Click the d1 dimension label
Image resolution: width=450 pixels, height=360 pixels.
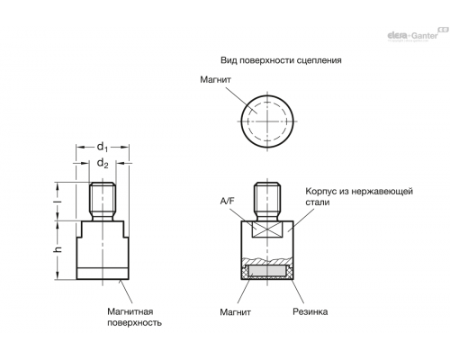click(103, 147)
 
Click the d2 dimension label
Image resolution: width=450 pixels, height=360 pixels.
click(103, 164)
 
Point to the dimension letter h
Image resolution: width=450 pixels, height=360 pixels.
click(58, 249)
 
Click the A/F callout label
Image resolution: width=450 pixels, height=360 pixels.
click(227, 202)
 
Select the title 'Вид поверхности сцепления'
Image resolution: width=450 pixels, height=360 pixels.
click(281, 60)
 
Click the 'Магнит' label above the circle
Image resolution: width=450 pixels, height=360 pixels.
click(216, 80)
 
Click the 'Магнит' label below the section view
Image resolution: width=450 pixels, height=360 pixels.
click(235, 312)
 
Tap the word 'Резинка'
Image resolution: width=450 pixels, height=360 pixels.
click(310, 311)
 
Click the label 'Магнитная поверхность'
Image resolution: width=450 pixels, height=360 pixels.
click(134, 317)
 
